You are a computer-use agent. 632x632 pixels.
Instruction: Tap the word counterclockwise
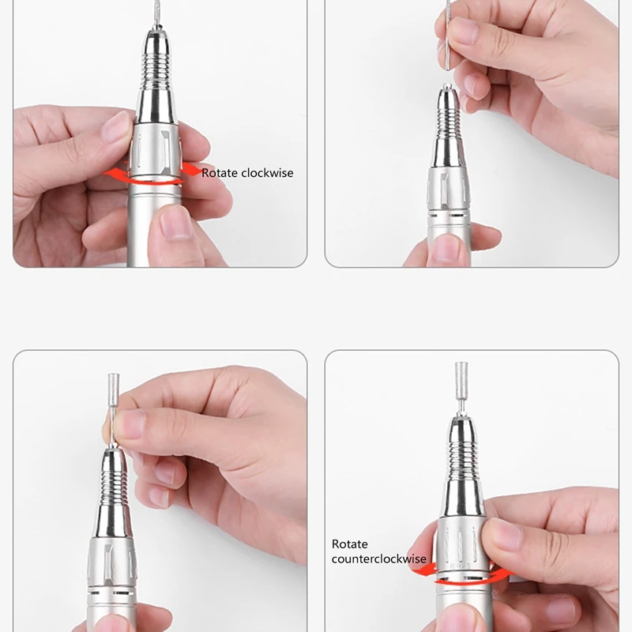click(x=378, y=559)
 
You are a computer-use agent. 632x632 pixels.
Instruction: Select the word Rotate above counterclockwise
click(x=350, y=544)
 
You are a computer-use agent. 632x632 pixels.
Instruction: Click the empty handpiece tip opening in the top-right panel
click(x=448, y=86)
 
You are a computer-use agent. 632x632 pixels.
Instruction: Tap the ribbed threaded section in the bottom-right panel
click(x=461, y=450)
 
